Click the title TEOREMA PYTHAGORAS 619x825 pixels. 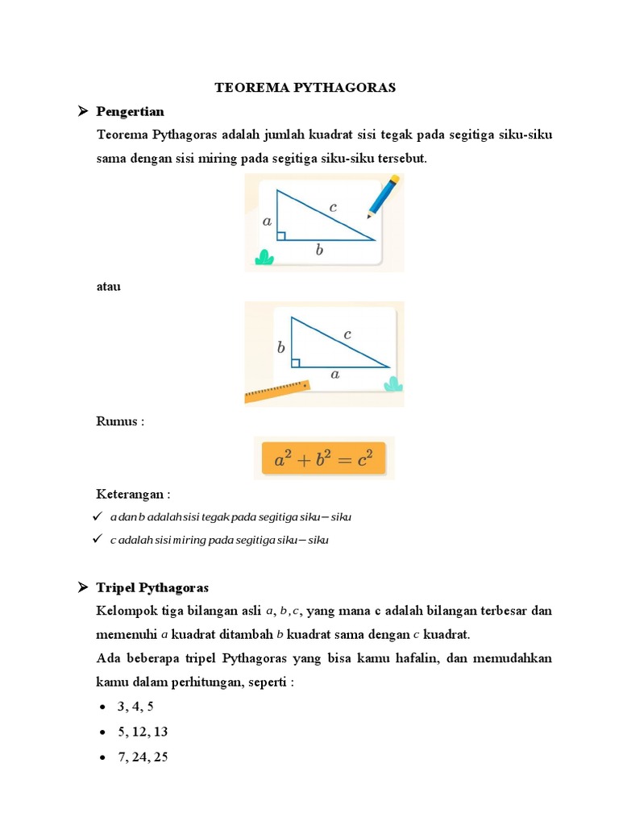(x=305, y=88)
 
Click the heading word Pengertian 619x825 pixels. (x=130, y=110)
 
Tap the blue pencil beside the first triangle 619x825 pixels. (x=383, y=197)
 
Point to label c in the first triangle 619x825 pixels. (x=332, y=207)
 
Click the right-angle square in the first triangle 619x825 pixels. (x=280, y=235)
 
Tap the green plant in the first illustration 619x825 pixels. (x=264, y=257)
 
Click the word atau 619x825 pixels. (x=108, y=286)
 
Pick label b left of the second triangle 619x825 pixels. (x=280, y=348)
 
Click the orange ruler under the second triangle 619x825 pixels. (x=277, y=391)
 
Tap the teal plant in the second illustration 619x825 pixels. (x=393, y=383)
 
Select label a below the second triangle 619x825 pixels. (x=334, y=375)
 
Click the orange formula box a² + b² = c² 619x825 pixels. (x=324, y=458)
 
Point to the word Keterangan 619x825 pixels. (x=133, y=493)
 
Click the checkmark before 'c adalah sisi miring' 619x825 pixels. (x=97, y=538)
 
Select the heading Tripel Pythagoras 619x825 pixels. (x=152, y=587)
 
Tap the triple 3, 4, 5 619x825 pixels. (x=135, y=707)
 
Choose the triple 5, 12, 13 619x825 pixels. (x=143, y=732)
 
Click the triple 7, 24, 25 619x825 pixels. (x=143, y=757)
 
